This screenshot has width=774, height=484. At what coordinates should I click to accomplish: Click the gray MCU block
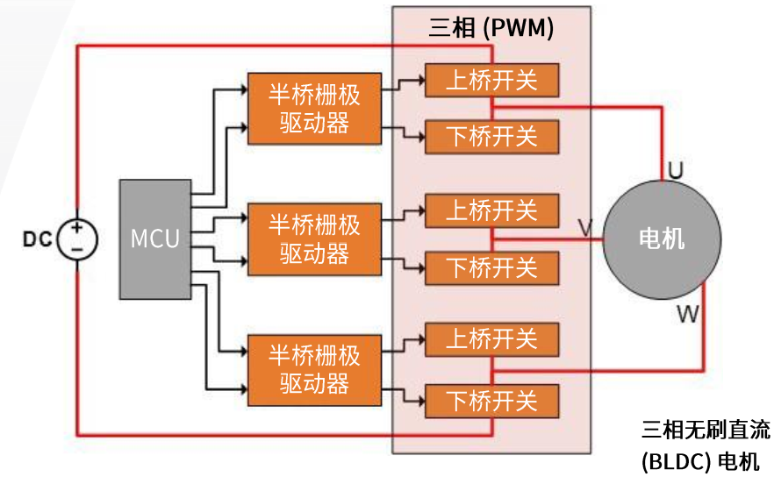(x=155, y=238)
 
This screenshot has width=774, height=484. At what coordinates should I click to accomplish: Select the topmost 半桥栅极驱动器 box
(x=314, y=108)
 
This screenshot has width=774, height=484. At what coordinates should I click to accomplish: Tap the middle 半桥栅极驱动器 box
(x=314, y=238)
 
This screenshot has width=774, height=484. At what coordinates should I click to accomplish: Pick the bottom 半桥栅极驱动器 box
(x=314, y=369)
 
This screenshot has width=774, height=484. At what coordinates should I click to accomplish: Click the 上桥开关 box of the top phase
(x=491, y=81)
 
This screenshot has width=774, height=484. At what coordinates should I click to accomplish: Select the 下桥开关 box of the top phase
(x=491, y=136)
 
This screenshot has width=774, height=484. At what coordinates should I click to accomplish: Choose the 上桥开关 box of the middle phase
(x=491, y=210)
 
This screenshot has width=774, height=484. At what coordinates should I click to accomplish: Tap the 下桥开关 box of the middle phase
(x=491, y=267)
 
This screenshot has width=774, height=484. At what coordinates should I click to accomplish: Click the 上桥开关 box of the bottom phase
(x=491, y=339)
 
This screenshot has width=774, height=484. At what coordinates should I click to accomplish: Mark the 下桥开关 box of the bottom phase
(x=491, y=401)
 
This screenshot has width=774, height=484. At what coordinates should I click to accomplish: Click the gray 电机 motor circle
(x=662, y=238)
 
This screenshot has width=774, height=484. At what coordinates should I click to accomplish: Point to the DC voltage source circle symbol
(x=77, y=238)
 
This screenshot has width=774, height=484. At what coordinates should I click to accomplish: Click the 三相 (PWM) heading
(x=491, y=28)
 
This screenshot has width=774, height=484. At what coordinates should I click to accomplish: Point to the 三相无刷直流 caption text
(x=706, y=430)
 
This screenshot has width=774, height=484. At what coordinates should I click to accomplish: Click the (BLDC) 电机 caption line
(x=700, y=461)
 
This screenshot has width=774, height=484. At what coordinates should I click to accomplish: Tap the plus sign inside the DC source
(x=77, y=229)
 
